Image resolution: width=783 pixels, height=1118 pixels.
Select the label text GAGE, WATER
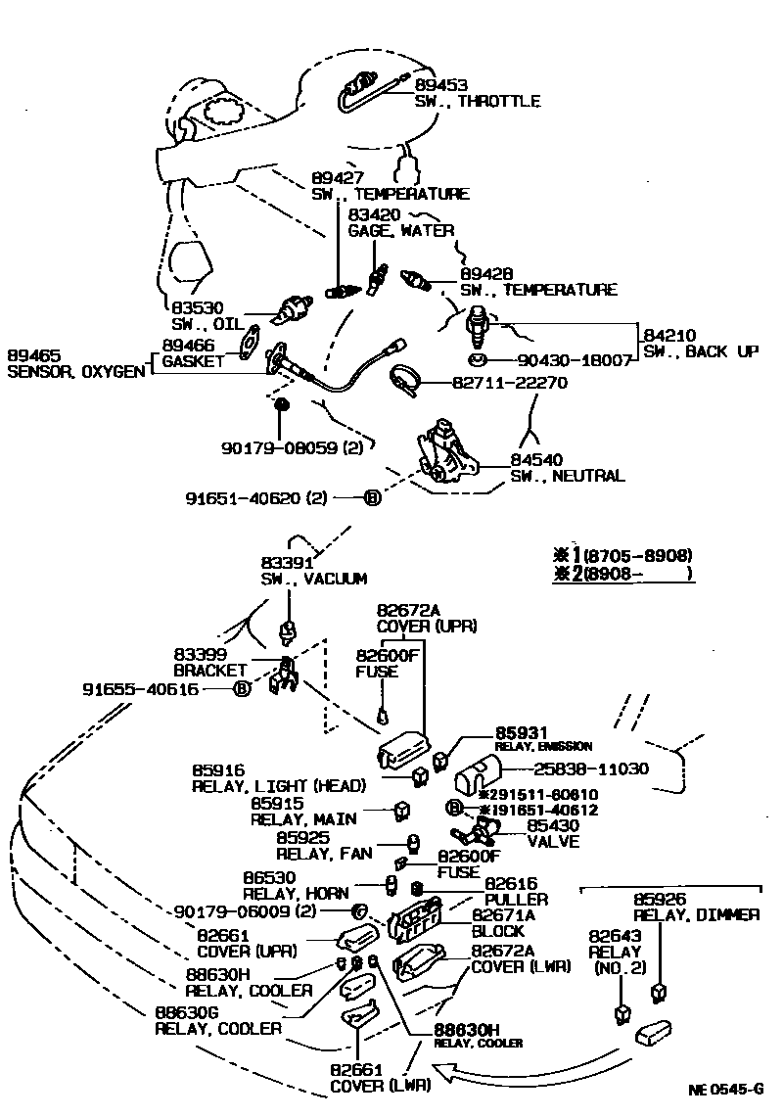401,231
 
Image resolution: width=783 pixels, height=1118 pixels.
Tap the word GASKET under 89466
193,360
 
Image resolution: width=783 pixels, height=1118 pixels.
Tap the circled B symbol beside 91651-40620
372,497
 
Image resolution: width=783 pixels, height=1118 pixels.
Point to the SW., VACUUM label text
313,579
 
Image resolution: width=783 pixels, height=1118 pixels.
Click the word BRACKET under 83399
209,671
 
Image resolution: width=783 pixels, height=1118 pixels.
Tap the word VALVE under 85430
553,842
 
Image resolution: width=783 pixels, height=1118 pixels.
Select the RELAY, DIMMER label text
696,915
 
